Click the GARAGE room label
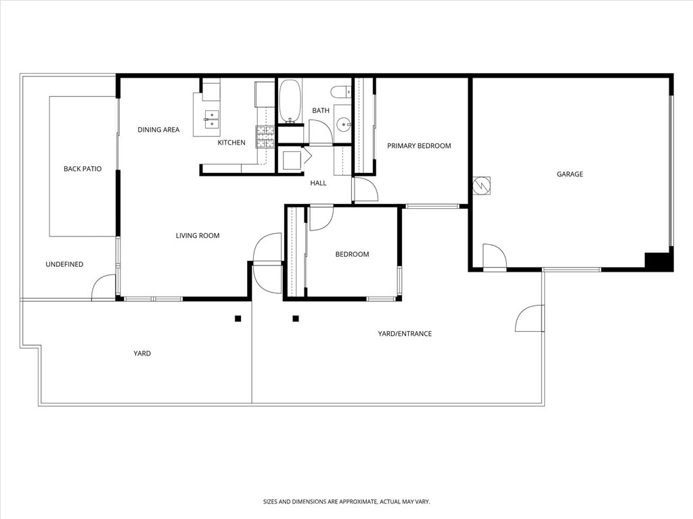[x=570, y=174]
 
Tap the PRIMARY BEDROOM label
[x=419, y=146]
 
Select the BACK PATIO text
[x=83, y=169]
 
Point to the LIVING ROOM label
[x=198, y=236]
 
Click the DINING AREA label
[x=158, y=130]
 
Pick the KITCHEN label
[x=231, y=143]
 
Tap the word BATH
[x=321, y=111]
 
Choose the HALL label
[x=318, y=183]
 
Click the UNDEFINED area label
[x=64, y=264]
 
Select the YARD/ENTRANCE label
[x=405, y=334]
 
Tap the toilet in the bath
[x=341, y=92]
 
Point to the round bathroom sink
[x=344, y=124]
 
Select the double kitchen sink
[x=211, y=119]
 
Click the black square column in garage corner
[x=656, y=262]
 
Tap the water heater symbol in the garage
[x=483, y=184]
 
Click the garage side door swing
[x=494, y=257]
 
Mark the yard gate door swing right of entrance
[x=530, y=318]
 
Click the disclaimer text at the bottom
[x=346, y=502]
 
